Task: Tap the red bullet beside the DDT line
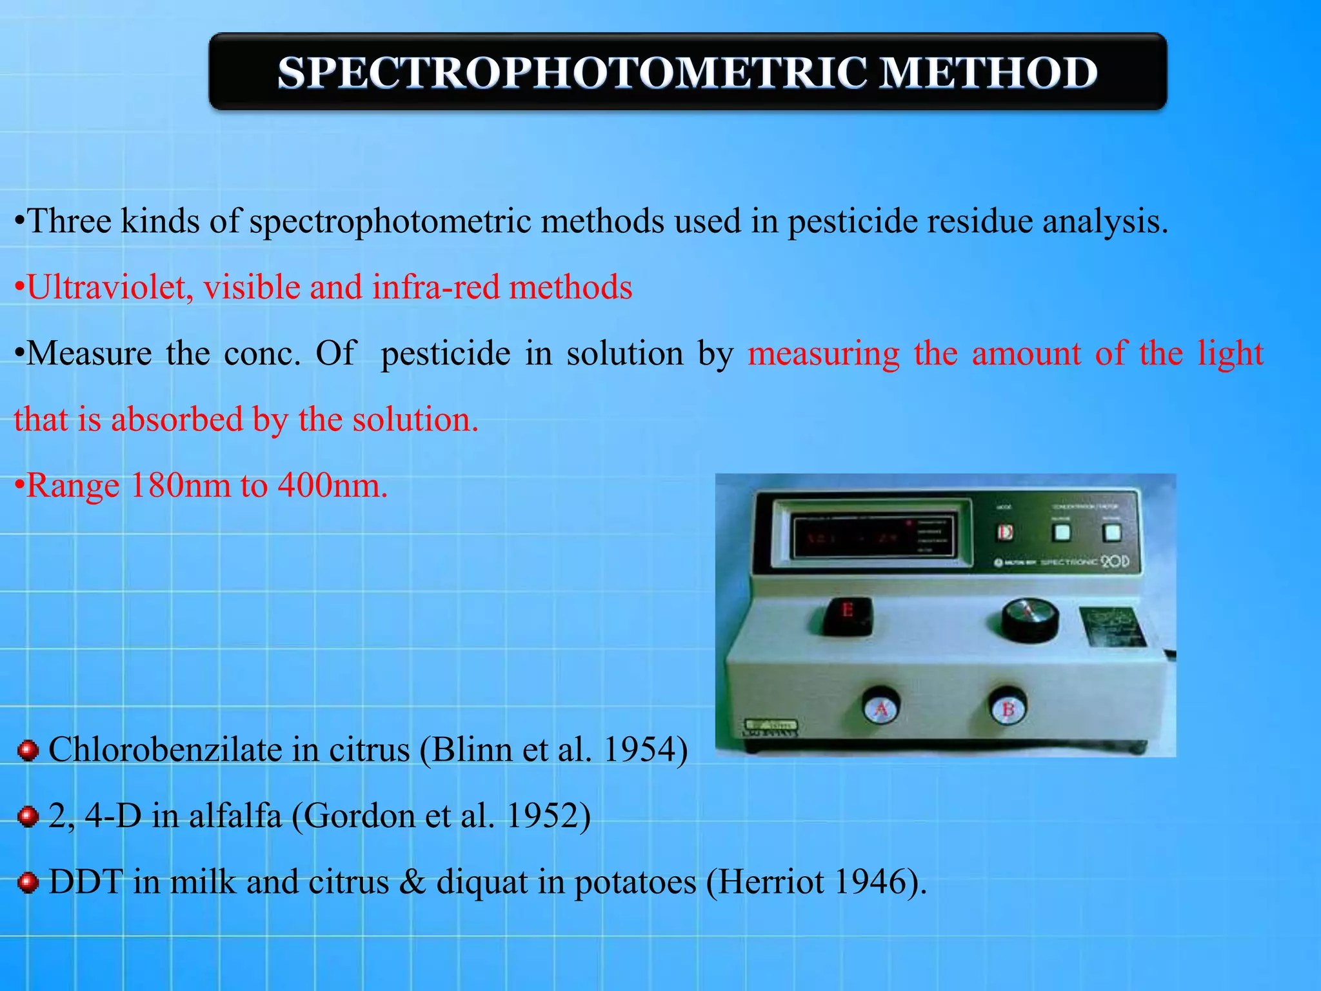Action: (28, 882)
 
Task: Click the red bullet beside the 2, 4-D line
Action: (28, 816)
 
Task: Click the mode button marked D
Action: (1005, 532)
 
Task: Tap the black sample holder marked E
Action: (848, 615)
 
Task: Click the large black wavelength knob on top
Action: (1029, 619)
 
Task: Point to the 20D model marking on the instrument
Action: (1115, 561)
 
